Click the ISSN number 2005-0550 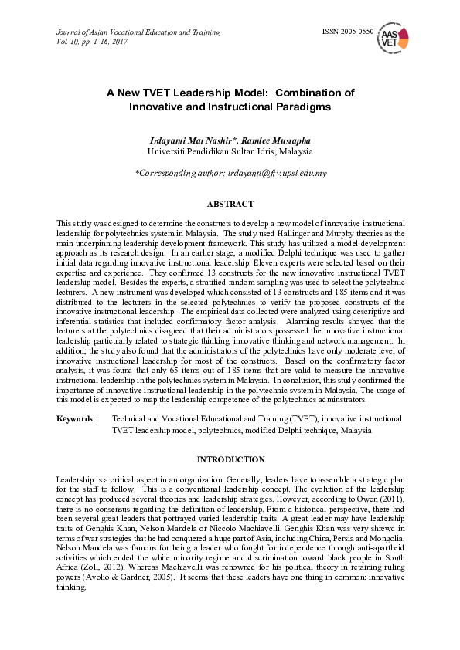[x=347, y=32]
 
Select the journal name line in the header [x=138, y=32]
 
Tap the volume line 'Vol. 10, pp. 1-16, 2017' [x=92, y=42]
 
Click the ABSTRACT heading [x=230, y=205]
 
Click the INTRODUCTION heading [x=230, y=459]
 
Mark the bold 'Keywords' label [x=75, y=418]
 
